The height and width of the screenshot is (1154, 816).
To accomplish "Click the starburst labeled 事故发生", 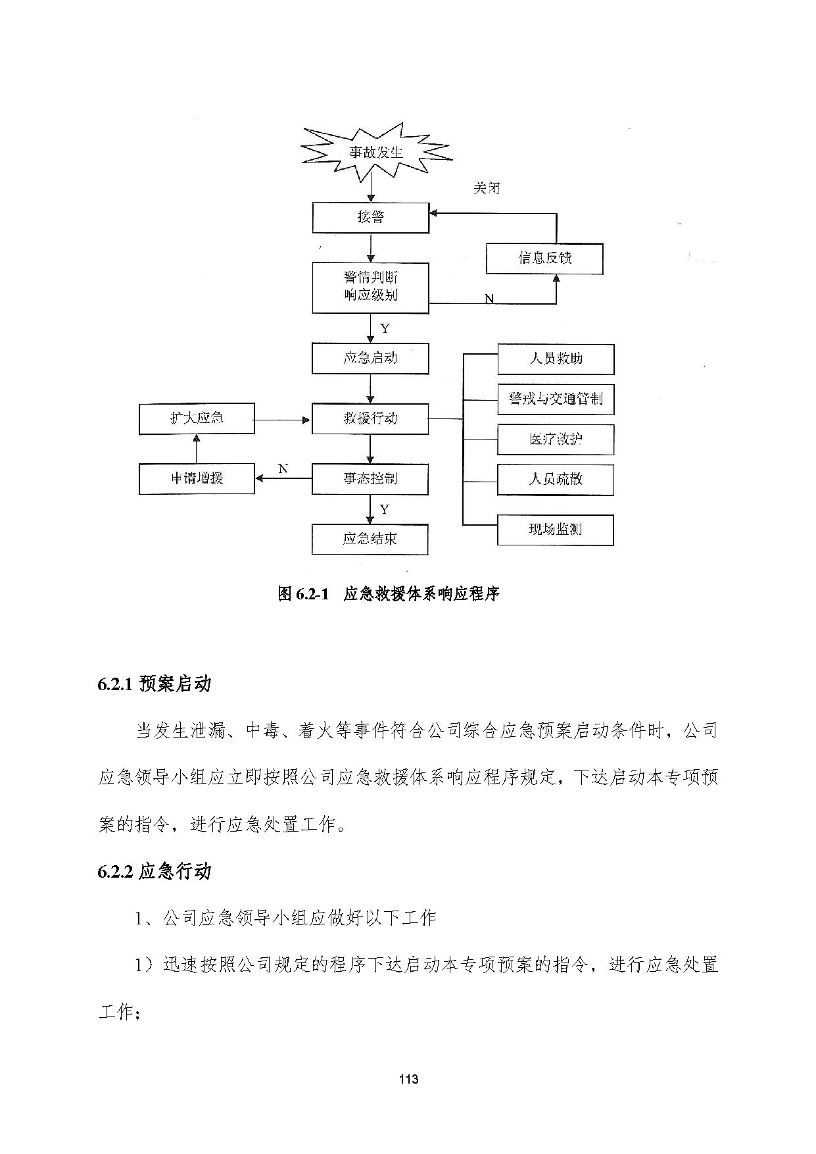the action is pyautogui.click(x=376, y=153).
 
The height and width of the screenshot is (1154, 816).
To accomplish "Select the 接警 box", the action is pyautogui.click(x=371, y=217).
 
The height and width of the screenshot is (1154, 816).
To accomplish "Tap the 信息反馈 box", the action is pyautogui.click(x=544, y=258).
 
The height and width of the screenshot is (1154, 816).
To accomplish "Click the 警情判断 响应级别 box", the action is pyautogui.click(x=371, y=288).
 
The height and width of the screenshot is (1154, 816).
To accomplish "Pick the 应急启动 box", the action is pyautogui.click(x=370, y=359).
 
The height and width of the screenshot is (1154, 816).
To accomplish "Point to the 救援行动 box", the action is pyautogui.click(x=370, y=418).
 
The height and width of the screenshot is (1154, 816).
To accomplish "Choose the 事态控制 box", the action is pyautogui.click(x=370, y=479).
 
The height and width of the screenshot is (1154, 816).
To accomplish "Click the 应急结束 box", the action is pyautogui.click(x=370, y=539).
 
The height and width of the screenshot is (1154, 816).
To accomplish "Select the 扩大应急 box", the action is pyautogui.click(x=197, y=419).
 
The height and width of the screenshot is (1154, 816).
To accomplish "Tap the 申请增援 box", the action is pyautogui.click(x=197, y=478).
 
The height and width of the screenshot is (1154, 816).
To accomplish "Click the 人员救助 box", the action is pyautogui.click(x=556, y=359).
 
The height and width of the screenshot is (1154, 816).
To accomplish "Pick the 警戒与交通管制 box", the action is pyautogui.click(x=556, y=399).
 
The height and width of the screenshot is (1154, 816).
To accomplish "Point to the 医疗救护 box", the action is pyautogui.click(x=556, y=439).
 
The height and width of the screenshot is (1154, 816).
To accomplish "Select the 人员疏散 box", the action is pyautogui.click(x=556, y=480).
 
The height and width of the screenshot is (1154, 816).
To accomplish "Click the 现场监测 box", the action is pyautogui.click(x=556, y=530).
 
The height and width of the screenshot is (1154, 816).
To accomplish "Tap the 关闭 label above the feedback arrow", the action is pyautogui.click(x=487, y=188).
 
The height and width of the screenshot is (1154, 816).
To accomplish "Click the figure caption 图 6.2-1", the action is pyautogui.click(x=303, y=594).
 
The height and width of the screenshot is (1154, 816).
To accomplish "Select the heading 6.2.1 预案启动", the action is pyautogui.click(x=155, y=684).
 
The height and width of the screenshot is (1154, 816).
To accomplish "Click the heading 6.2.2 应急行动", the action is pyautogui.click(x=155, y=872).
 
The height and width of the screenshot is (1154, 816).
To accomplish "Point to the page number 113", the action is pyautogui.click(x=408, y=1079).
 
